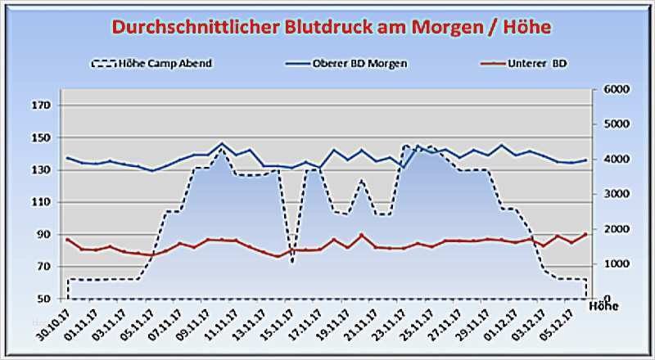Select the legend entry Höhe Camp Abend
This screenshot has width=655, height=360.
[161, 62]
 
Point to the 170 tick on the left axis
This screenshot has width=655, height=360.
[43, 106]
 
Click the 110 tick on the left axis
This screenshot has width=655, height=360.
[43, 202]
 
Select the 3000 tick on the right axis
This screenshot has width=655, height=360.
[614, 194]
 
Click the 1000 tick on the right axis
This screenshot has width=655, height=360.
[614, 264]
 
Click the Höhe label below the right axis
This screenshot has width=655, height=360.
[604, 307]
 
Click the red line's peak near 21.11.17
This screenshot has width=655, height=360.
[361, 235]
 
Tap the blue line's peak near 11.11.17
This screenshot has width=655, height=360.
[222, 144]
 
